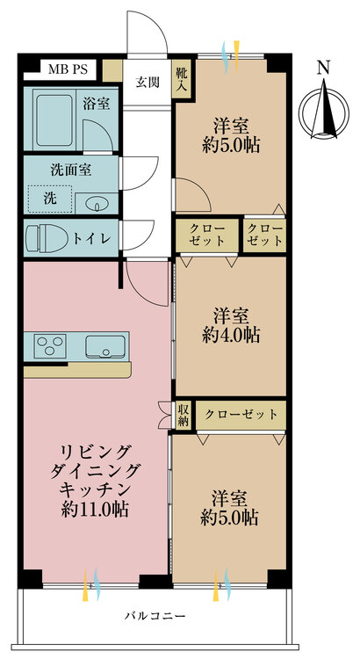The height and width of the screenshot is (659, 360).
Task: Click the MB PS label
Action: (x=68, y=69)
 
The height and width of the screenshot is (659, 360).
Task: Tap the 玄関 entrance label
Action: (x=148, y=83)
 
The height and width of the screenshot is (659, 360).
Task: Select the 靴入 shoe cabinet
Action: (x=183, y=79)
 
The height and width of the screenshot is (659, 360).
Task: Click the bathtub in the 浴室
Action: (x=54, y=119)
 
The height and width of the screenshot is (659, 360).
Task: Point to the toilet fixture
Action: (x=45, y=238)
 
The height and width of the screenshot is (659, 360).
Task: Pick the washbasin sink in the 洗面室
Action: (x=97, y=204)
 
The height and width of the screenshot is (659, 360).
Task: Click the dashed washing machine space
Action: (x=49, y=199)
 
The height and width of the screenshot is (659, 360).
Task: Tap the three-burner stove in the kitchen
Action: (x=50, y=346)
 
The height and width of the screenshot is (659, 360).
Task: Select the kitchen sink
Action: (x=105, y=346)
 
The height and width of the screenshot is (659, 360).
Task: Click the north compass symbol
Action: (x=323, y=111)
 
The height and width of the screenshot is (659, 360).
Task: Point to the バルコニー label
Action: (x=155, y=617)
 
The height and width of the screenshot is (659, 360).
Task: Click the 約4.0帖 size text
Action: (x=231, y=335)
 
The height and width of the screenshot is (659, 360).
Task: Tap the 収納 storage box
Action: (x=184, y=416)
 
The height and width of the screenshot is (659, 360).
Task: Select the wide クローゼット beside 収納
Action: (x=241, y=416)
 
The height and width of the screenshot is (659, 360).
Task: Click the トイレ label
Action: (x=92, y=238)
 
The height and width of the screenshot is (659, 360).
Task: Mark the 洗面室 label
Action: (x=71, y=170)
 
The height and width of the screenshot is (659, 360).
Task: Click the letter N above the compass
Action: (x=323, y=69)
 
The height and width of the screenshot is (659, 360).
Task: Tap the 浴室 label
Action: (x=97, y=104)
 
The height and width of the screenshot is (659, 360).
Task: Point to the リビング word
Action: (x=95, y=453)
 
